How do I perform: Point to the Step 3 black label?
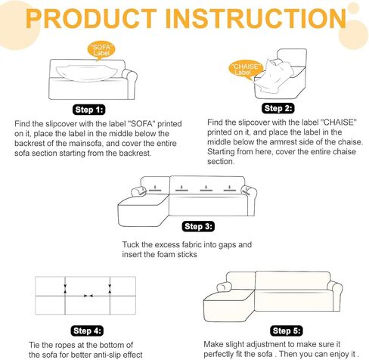198,226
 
